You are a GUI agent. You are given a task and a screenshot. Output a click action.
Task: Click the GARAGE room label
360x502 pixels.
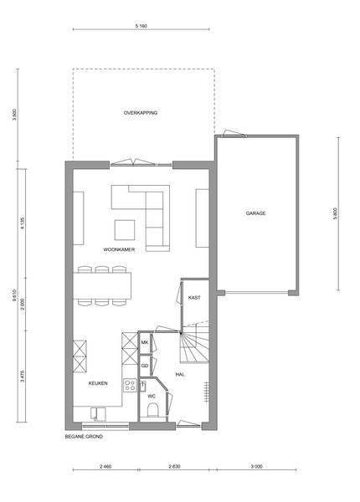(255, 213)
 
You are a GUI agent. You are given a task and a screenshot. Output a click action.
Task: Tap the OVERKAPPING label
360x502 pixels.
(141, 113)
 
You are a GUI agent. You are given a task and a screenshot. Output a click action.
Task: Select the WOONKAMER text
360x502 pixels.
(119, 249)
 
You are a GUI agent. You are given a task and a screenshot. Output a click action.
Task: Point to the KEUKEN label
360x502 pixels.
(98, 383)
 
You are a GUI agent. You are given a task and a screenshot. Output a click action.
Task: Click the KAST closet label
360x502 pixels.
(194, 297)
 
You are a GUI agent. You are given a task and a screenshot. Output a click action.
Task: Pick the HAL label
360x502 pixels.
(180, 374)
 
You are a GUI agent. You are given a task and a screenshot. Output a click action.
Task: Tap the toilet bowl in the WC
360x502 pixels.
(152, 410)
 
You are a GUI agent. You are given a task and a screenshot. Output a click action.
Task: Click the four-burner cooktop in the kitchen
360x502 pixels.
(130, 385)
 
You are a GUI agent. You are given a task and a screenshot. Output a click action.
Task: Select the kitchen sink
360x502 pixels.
(98, 413)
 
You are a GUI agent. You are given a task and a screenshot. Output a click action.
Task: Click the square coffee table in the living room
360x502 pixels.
(125, 230)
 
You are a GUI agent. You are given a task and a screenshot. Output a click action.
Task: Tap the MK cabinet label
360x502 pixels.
(145, 342)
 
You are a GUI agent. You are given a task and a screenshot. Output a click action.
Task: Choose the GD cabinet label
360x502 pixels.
(145, 366)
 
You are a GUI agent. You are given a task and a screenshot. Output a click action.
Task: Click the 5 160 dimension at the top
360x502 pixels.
(141, 26)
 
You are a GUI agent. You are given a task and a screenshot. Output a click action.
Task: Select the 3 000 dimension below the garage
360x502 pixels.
(256, 467)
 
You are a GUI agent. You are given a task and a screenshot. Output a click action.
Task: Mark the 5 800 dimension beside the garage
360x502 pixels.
(335, 213)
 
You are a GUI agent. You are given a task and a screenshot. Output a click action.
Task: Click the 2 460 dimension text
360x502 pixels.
(105, 467)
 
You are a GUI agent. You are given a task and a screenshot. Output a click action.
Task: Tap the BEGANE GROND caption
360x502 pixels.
(84, 437)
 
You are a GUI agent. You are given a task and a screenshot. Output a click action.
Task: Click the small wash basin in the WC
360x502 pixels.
(142, 386)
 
